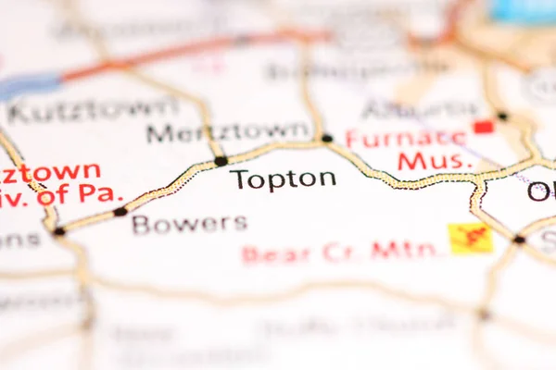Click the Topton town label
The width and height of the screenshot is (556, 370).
click(283, 179)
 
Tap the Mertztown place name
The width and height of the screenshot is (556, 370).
click(227, 132)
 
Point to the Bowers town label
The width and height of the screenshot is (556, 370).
click(189, 223)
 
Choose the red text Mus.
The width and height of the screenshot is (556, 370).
click(436, 162)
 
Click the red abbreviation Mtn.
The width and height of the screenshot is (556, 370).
click(408, 250)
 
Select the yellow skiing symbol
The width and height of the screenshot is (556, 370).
click(470, 238)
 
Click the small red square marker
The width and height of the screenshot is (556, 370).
click(483, 126)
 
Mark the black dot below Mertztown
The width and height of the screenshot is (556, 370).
click(221, 161)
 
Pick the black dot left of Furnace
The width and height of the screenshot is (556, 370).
click(327, 139)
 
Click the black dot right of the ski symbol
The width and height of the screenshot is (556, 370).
click(519, 240)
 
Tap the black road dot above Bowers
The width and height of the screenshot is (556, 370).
click(120, 212)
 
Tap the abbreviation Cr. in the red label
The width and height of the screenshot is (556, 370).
click(345, 251)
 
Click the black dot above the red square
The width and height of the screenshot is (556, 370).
click(502, 116)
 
